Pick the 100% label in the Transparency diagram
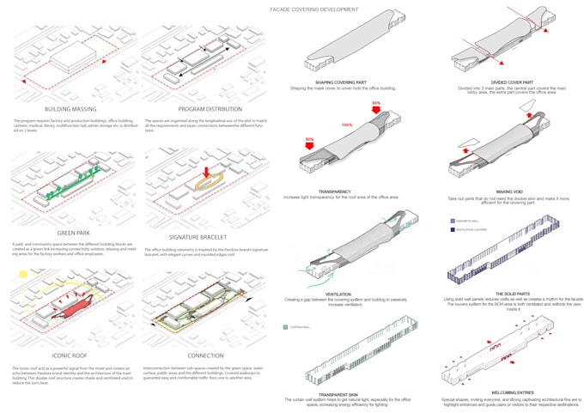347,125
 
